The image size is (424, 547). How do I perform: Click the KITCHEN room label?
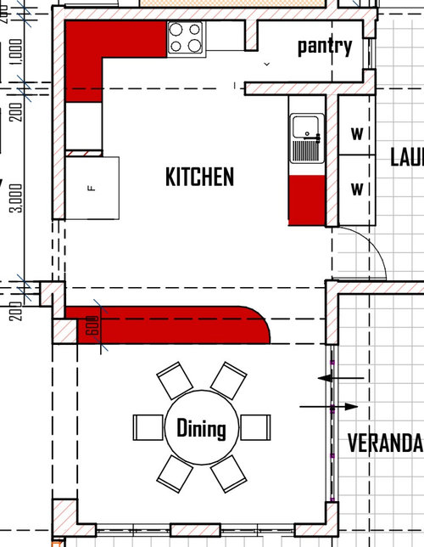coord(199,177)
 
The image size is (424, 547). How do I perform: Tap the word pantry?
coord(324,46)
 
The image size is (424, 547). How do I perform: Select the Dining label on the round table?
coord(201,428)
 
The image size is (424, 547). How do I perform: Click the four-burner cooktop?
coord(186,37)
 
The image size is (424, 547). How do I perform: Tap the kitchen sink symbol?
coord(304,138)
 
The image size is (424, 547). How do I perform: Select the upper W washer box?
coord(357,133)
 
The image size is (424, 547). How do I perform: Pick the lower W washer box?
coord(357,188)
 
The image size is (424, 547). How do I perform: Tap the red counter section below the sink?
coord(306,200)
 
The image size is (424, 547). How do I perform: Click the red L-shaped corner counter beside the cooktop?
coord(93,51)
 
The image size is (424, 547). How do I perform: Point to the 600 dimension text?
coord(92,326)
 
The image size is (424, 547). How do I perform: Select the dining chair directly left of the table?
coord(148,426)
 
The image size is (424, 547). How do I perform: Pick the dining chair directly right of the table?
coord(254,426)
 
